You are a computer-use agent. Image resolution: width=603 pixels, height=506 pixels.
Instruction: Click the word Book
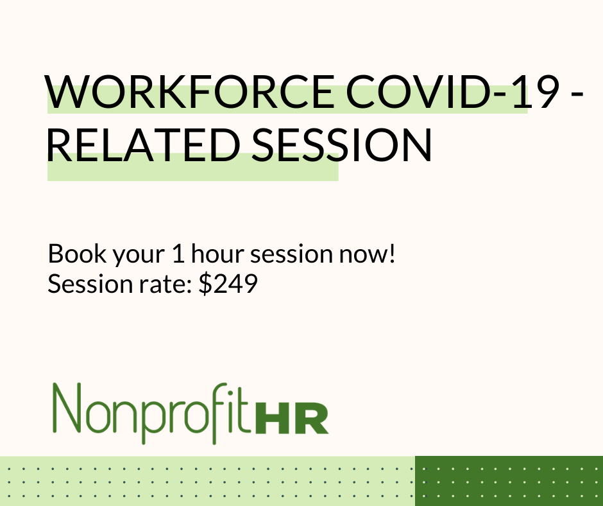72,255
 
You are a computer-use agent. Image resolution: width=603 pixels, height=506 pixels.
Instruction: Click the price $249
228,284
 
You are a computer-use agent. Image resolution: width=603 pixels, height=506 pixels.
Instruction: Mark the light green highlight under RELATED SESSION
192,171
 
